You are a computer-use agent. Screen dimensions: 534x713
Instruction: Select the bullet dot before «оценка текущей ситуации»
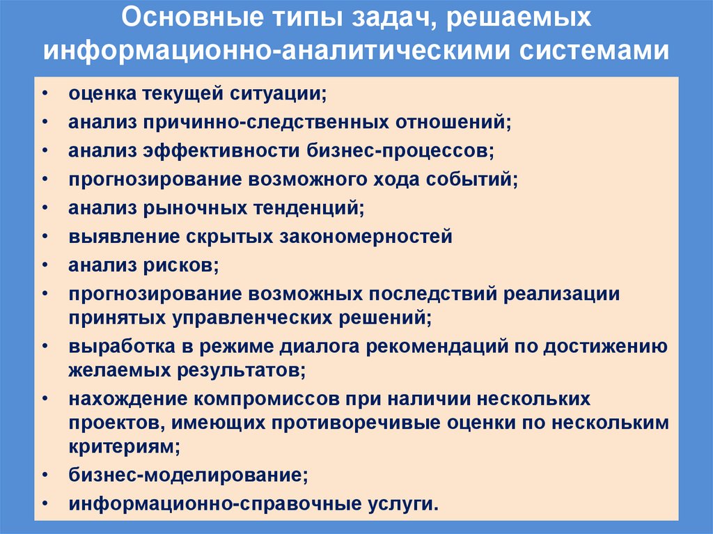[45, 93]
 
